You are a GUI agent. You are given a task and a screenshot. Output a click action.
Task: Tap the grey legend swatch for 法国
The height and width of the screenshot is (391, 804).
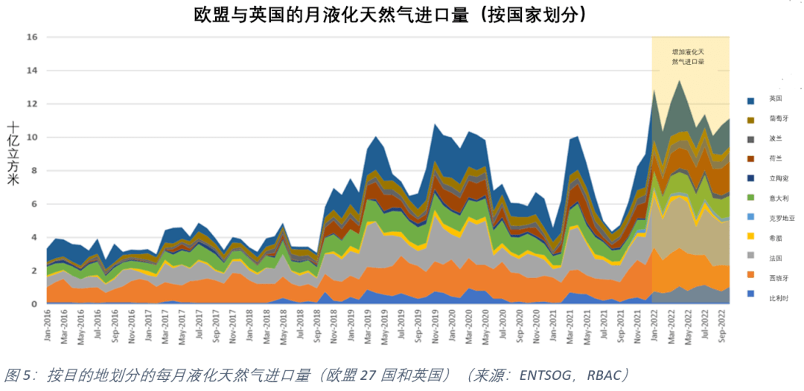750,256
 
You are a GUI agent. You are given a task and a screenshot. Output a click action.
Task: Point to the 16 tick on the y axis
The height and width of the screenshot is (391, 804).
32,36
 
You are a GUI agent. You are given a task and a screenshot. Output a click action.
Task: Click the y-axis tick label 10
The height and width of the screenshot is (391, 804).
32,137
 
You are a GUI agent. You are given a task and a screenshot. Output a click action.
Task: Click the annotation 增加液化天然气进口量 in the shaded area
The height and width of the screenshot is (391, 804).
689,57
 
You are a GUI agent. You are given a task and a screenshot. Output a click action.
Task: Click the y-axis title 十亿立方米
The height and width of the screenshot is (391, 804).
13,152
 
